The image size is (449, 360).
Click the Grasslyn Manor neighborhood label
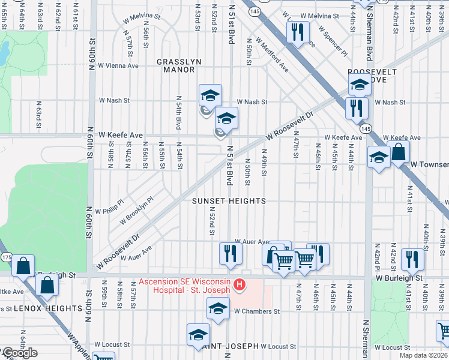pos(176,65)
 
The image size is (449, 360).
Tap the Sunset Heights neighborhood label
pos(229,202)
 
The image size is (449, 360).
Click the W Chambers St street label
pos(257,311)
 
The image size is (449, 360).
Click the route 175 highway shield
pos(6,258)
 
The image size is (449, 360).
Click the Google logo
pos(19,353)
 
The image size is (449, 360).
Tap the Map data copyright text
pos(423,355)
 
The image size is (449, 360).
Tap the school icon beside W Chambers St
pos(218,309)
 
